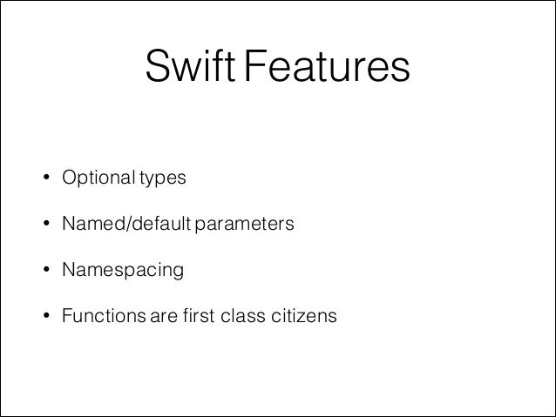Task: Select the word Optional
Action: click(95, 179)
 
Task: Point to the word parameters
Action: click(245, 225)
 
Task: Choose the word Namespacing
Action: click(122, 272)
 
